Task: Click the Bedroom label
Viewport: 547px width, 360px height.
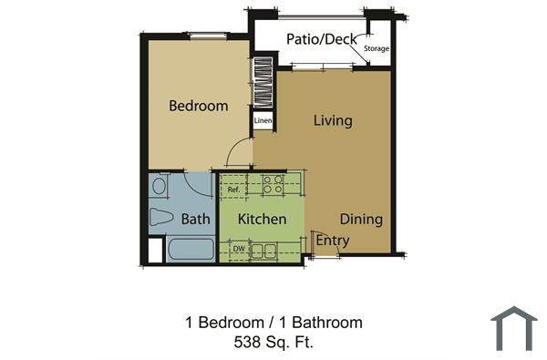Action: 199,106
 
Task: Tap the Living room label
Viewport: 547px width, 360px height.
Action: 333,120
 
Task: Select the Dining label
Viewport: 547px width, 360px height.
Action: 361,220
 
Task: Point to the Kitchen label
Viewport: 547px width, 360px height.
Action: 263,220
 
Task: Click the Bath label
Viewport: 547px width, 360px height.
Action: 195,220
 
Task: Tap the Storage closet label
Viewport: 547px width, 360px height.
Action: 376,48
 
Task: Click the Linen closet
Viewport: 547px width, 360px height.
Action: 263,120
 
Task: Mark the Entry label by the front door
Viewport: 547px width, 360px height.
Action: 333,241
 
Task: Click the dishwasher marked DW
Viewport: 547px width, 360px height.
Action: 237,249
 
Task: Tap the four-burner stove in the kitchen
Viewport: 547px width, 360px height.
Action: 273,185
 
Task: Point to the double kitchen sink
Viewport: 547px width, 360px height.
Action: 264,250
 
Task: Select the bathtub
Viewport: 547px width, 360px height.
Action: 189,250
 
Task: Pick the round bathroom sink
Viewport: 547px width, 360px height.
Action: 160,186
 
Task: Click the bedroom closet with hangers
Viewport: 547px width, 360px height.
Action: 263,84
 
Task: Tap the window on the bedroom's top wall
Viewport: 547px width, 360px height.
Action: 208,36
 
